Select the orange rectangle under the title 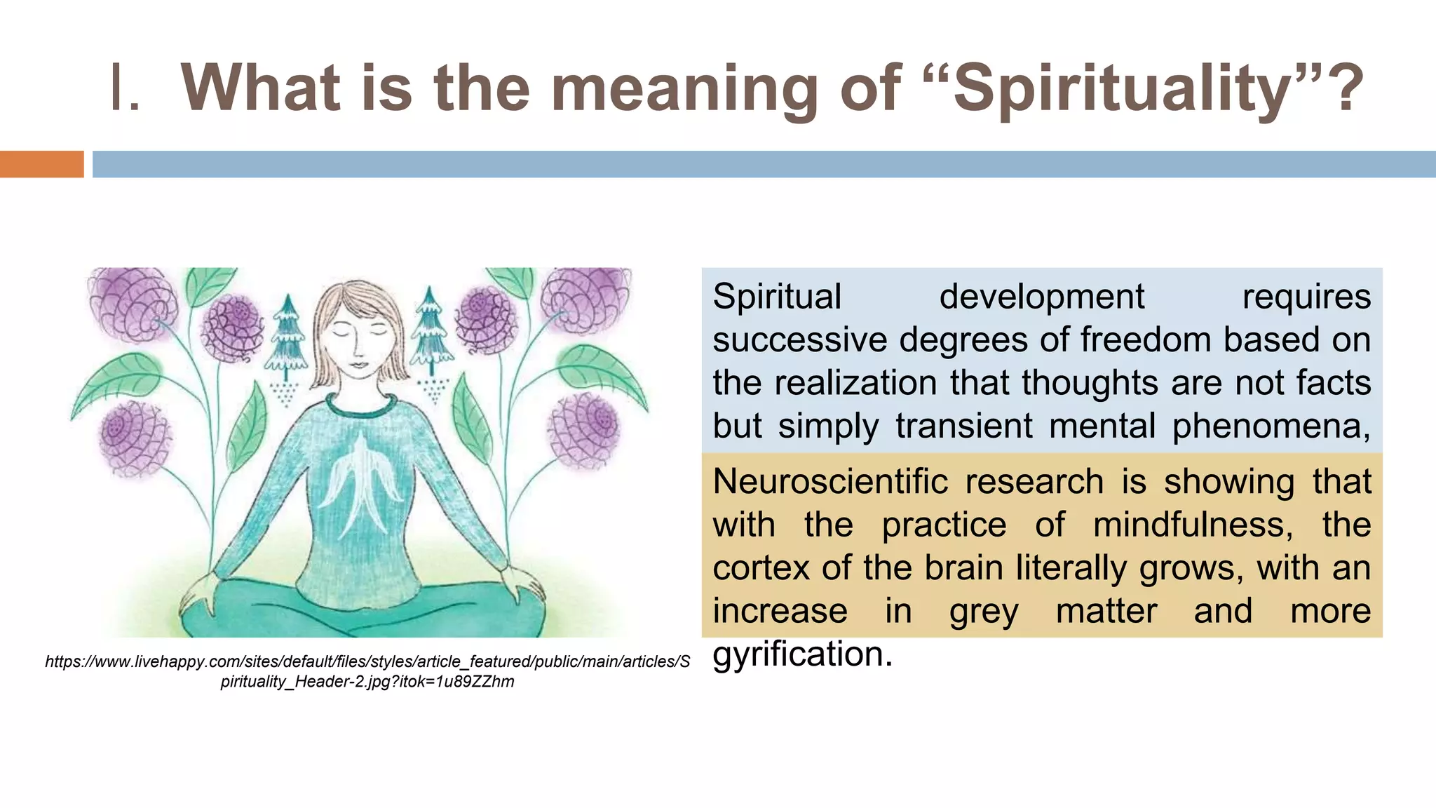coord(41,164)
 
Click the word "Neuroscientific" coord(830,483)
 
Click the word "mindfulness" coord(1192,525)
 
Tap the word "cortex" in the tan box coord(761,568)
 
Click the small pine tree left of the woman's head coord(286,337)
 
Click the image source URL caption coord(367,671)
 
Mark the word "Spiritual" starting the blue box coord(777,297)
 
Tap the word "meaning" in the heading coord(684,89)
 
